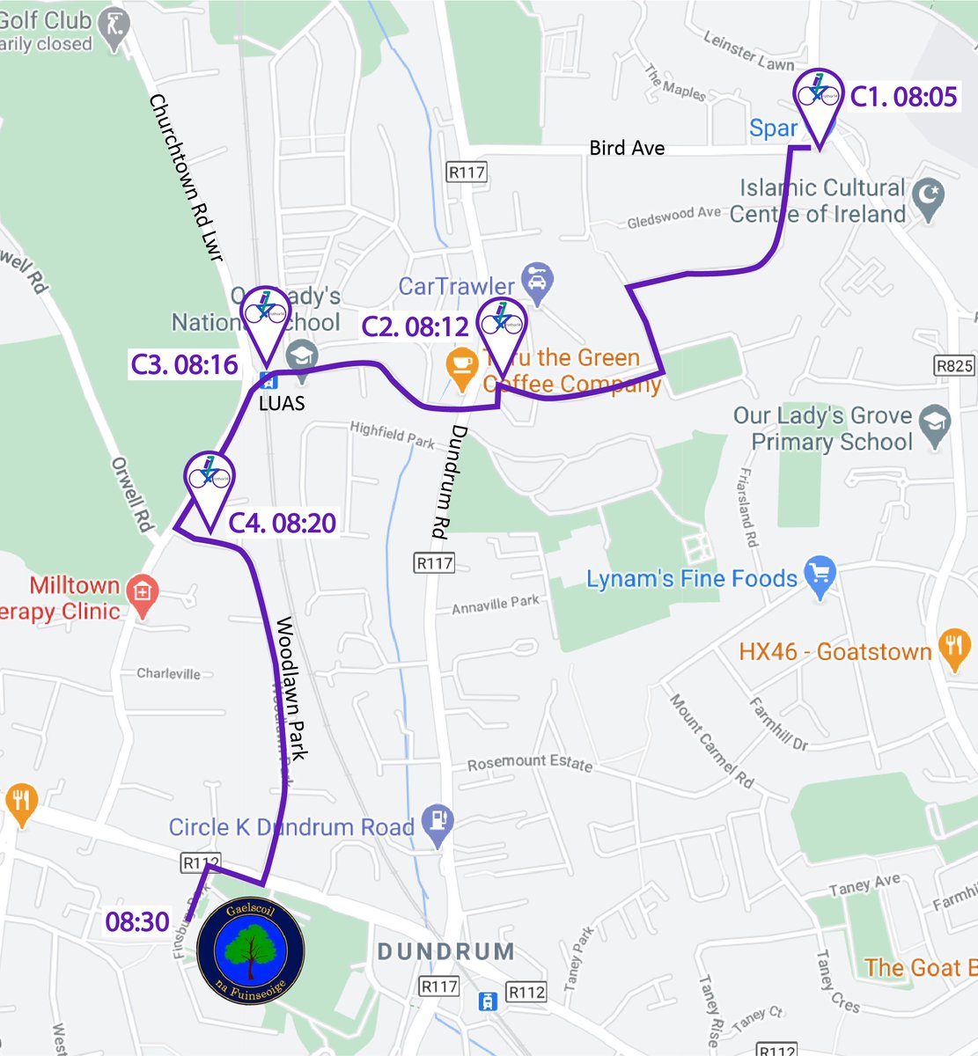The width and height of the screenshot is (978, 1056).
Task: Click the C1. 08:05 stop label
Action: tap(903, 96)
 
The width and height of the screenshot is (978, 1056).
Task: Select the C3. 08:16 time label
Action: tap(185, 364)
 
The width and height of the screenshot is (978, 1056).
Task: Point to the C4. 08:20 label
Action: tap(283, 523)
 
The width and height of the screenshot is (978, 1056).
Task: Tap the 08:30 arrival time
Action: tap(137, 921)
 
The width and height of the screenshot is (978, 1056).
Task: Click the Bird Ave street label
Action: tap(627, 148)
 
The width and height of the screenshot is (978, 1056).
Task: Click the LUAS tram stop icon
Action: tap(268, 382)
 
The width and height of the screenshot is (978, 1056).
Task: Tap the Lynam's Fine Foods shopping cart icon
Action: tap(820, 577)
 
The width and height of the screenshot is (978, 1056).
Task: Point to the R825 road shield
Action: tap(954, 365)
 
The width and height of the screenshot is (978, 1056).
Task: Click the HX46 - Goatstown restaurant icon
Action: tap(953, 650)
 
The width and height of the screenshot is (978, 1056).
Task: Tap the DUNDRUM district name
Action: tap(445, 951)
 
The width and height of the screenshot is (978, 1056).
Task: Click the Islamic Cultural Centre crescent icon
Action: tap(929, 199)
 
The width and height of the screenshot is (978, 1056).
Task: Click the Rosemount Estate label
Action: tap(529, 762)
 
